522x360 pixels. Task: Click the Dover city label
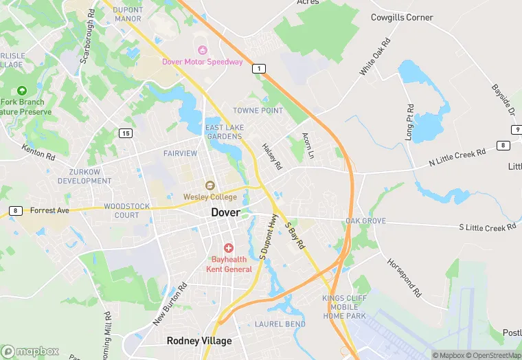point(225,212)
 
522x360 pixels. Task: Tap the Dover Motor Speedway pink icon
point(202,49)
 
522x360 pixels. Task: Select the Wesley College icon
point(210,185)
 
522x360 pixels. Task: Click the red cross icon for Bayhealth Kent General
point(228,247)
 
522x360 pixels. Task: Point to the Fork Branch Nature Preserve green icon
point(22,90)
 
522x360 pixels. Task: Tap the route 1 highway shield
point(258,68)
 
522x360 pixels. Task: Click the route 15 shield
point(124,133)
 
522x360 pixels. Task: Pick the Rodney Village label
point(199,341)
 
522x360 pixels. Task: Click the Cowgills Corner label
point(402,17)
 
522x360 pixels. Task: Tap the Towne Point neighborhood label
point(258,111)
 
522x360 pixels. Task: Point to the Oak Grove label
point(365,221)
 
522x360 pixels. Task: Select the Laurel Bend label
point(280,324)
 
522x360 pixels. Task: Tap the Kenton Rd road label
point(38,152)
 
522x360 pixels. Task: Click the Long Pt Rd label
point(409,122)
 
